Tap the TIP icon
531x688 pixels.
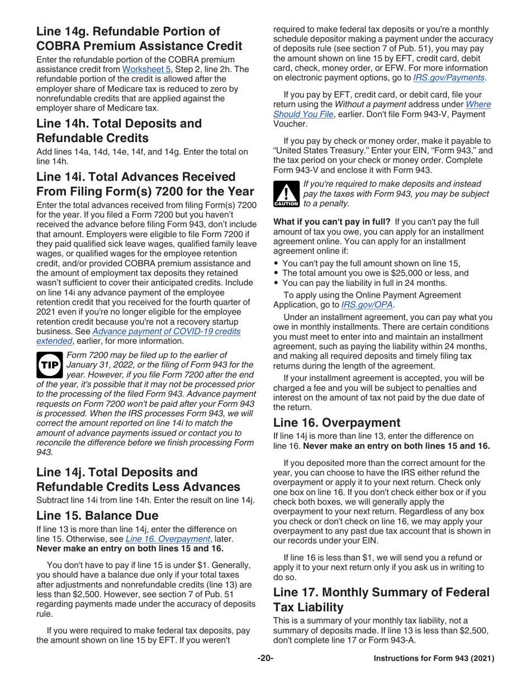(x=50, y=364)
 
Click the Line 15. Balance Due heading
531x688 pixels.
(x=97, y=515)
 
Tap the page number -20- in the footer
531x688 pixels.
(x=265, y=659)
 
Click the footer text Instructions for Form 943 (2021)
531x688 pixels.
(x=434, y=659)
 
